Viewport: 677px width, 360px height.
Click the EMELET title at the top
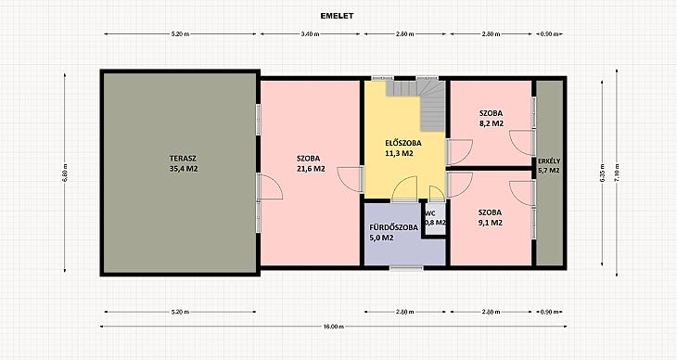click(x=337, y=16)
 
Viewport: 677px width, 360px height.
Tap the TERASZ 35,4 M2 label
click(x=184, y=164)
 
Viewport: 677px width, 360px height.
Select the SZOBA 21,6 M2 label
click(x=311, y=164)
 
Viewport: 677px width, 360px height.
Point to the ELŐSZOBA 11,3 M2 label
click(x=402, y=148)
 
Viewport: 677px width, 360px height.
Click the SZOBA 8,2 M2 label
click(x=491, y=119)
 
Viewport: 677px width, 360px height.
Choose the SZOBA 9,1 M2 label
click(x=490, y=217)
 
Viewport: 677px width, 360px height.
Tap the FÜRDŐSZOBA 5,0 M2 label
click(x=393, y=232)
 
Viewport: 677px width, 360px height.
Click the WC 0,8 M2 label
click(x=435, y=218)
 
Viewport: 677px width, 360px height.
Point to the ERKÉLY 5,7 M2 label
click(x=549, y=166)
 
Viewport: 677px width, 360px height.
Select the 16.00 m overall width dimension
click(x=333, y=327)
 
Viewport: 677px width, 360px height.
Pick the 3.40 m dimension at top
click(x=310, y=34)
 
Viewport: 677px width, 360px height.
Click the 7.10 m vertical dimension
click(x=617, y=172)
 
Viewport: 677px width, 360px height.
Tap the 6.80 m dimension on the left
click(x=65, y=172)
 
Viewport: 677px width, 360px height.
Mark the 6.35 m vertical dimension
click(x=602, y=172)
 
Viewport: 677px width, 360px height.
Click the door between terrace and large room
click(x=269, y=186)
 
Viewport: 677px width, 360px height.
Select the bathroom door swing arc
click(x=405, y=189)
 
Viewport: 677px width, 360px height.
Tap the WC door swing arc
click(x=437, y=194)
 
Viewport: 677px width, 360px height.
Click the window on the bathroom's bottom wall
click(x=406, y=268)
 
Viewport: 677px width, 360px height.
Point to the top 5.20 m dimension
click(x=180, y=34)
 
